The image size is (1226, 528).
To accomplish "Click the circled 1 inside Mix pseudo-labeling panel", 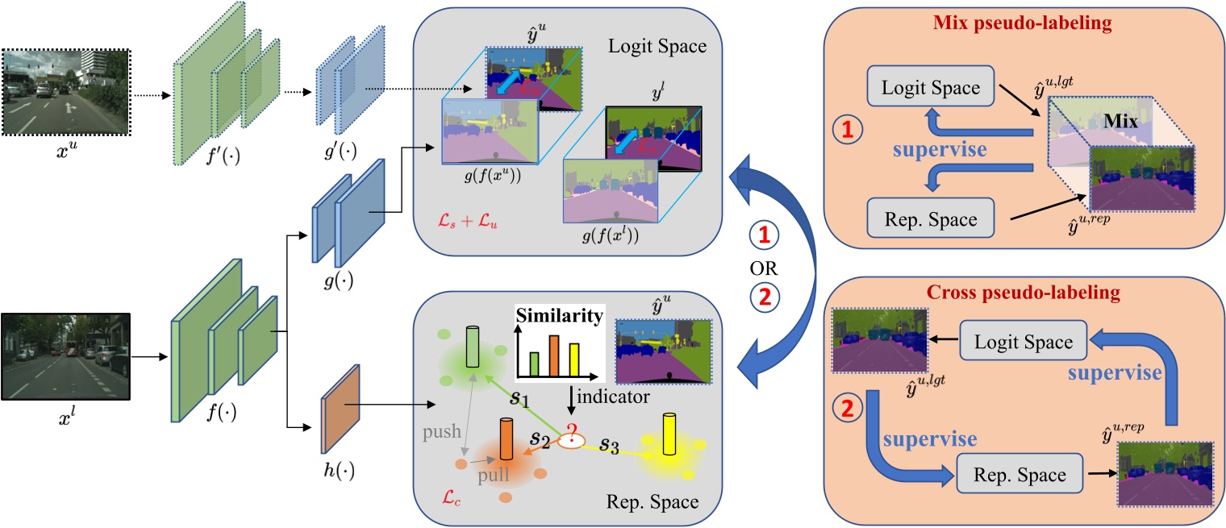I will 842,128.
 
